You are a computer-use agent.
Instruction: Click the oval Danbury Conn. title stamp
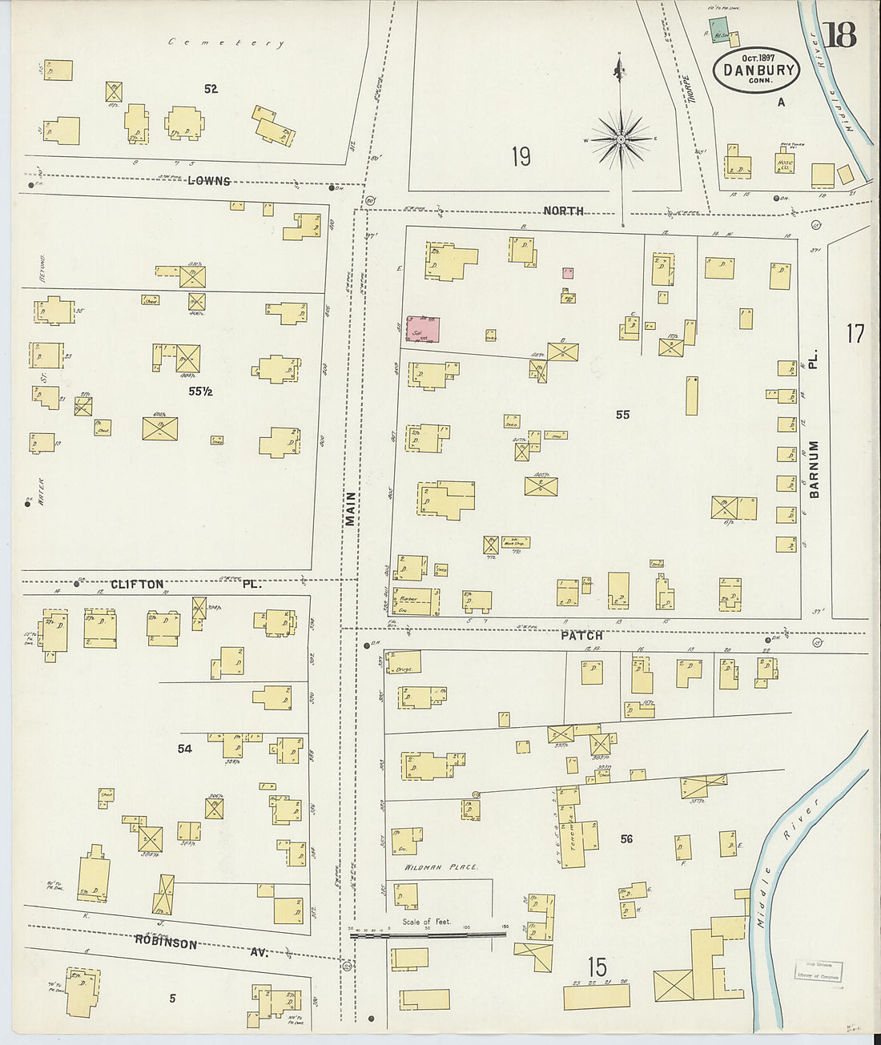tap(756, 70)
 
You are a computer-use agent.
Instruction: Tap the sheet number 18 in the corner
tap(839, 35)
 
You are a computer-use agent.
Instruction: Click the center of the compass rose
tap(621, 140)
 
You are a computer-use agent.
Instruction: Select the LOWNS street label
tap(209, 181)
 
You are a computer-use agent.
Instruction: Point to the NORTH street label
tap(563, 211)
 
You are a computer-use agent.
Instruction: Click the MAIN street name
tap(350, 508)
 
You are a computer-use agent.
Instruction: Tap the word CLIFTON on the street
tap(137, 585)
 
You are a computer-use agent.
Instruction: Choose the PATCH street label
tap(581, 636)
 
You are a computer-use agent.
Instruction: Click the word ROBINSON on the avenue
tap(166, 943)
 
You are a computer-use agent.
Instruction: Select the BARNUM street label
tap(814, 469)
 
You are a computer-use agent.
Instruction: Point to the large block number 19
tap(521, 156)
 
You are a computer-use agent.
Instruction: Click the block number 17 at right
tap(855, 333)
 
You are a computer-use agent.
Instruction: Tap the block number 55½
tap(200, 392)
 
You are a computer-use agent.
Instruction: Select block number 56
tap(626, 839)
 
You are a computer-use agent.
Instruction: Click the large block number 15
tap(597, 967)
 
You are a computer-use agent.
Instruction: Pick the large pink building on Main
tap(423, 330)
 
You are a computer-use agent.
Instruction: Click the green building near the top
tap(718, 26)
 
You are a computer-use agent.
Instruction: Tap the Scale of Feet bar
tap(428, 934)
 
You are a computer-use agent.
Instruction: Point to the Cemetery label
tap(226, 42)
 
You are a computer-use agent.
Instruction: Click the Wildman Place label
tap(440, 867)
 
